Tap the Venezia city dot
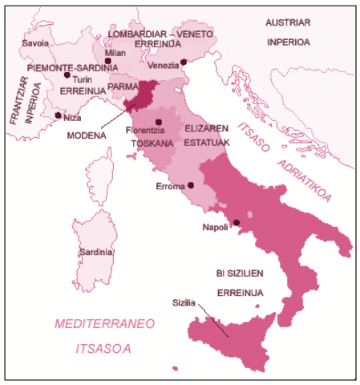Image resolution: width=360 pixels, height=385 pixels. tap(184, 62)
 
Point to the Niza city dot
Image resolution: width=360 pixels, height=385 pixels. tap(57, 115)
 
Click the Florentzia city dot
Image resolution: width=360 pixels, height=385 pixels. tap(159, 122)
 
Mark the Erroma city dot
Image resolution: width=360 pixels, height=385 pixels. tap(191, 185)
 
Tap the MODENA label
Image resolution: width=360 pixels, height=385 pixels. tap(87, 136)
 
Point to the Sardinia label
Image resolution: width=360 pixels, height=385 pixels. tap(95, 252)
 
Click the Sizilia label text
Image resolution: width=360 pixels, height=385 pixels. tap(185, 303)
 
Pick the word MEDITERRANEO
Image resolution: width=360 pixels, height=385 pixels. tap(103, 324)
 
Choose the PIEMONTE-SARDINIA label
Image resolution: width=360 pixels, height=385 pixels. tap(63, 68)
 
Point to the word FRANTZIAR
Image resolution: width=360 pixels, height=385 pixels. tap(14, 99)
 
